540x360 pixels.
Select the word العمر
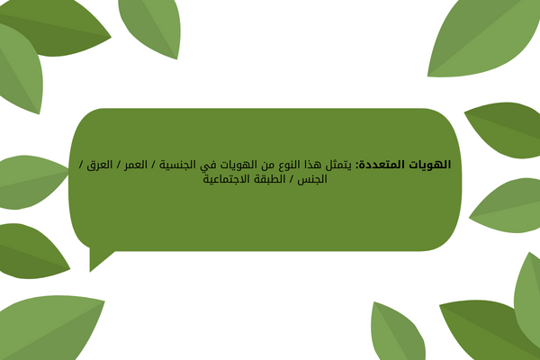click(136, 165)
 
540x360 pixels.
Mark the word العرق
click(100, 165)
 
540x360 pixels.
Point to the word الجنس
click(312, 179)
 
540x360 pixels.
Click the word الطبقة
click(271, 179)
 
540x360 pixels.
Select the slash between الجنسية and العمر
click(153, 165)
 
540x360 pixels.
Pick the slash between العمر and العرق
click(119, 165)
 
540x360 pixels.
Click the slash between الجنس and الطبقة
click(292, 179)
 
